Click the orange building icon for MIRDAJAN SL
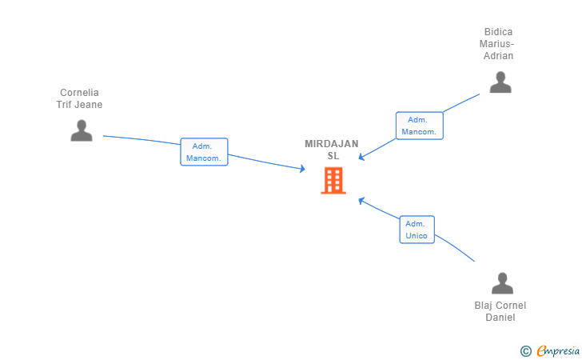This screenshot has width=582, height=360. tap(333, 181)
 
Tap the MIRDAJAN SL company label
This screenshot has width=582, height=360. tap(332, 150)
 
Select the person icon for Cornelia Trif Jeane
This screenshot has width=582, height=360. tap(82, 130)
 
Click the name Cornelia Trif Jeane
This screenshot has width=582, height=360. tap(79, 98)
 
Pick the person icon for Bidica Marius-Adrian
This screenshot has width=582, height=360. tap(500, 82)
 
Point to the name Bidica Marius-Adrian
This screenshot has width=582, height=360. tap(497, 44)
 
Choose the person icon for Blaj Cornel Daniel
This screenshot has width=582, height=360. tap(502, 283)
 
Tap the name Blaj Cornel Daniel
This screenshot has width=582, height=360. tap(500, 311)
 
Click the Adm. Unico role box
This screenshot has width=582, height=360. tap(417, 230)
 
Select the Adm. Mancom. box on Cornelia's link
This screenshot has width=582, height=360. tap(204, 152)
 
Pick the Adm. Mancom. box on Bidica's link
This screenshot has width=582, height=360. tap(420, 126)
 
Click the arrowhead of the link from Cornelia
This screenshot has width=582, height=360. tap(302, 169)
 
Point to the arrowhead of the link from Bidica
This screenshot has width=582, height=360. tap(361, 157)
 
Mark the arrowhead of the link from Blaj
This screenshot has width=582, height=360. tap(361, 201)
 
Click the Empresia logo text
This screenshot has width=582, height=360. tap(558, 350)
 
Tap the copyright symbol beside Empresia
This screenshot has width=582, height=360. tap(525, 351)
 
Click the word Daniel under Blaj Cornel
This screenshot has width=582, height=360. tap(500, 318)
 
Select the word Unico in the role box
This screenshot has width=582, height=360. tap(417, 235)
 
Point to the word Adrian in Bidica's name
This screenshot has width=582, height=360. tap(498, 56)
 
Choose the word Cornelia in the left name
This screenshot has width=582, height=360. tap(79, 93)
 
